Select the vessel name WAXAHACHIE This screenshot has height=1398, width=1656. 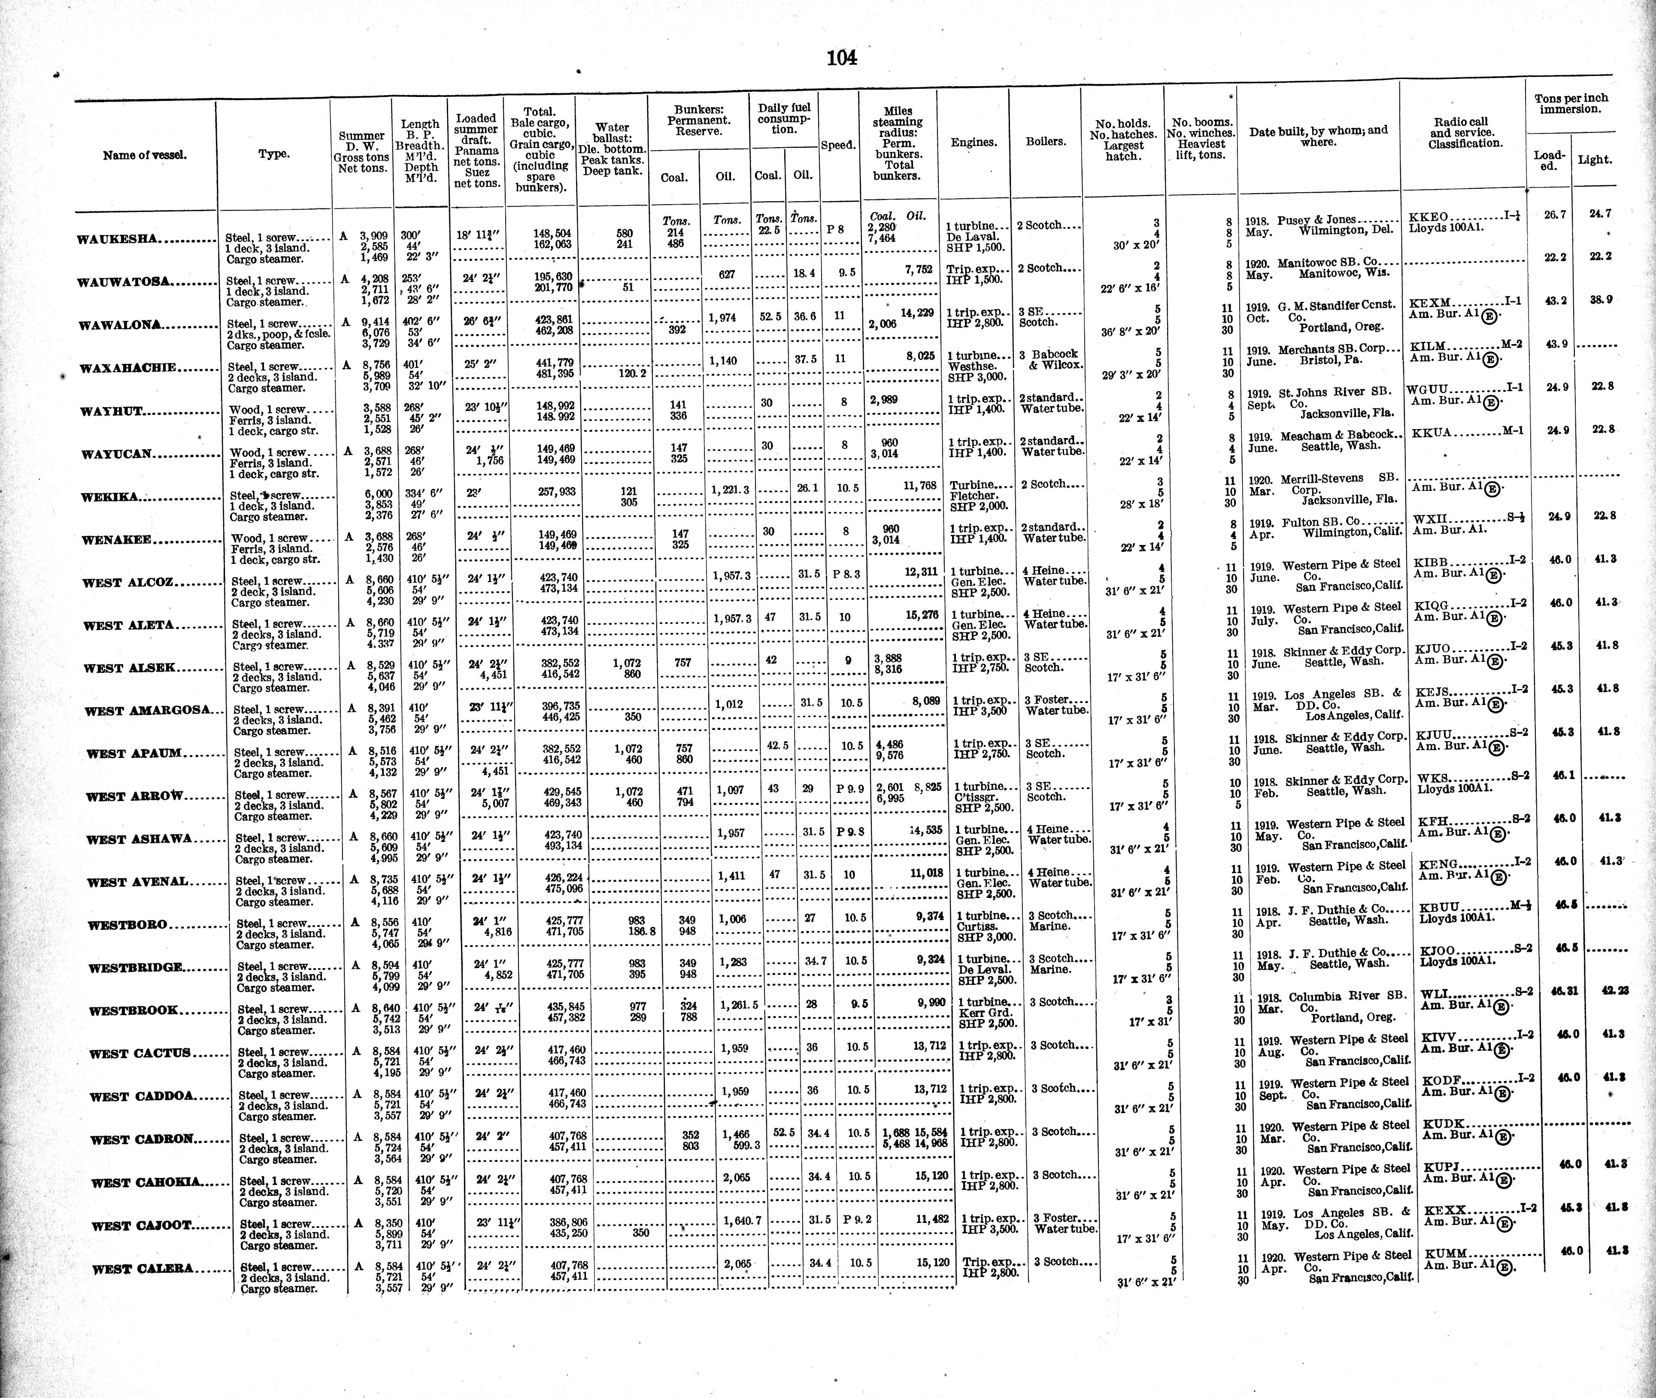[x=127, y=368]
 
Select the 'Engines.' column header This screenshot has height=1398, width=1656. [x=974, y=142]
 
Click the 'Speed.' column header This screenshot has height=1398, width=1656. [x=838, y=145]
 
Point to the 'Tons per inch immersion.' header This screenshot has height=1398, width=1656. [x=1571, y=104]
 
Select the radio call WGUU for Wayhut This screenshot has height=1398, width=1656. [x=1427, y=389]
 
